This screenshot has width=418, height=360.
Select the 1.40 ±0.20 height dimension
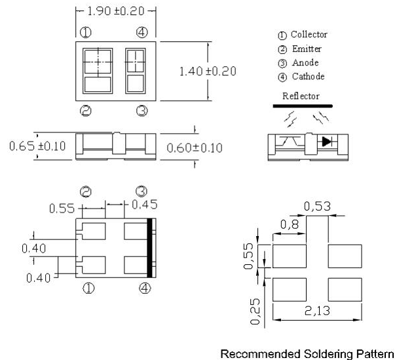click(208, 71)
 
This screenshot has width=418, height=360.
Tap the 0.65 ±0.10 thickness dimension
click(37, 146)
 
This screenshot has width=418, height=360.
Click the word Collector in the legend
click(309, 35)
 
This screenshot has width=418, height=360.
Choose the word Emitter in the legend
click(306, 49)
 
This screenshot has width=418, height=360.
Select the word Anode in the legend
click(305, 63)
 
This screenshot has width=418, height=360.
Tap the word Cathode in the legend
click(307, 77)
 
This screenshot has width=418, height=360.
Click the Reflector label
click(301, 96)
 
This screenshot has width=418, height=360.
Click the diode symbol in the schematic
click(326, 141)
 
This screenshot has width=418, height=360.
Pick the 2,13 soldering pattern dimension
click(317, 310)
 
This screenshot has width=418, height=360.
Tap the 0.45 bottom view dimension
click(144, 205)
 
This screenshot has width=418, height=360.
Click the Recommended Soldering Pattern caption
click(307, 354)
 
